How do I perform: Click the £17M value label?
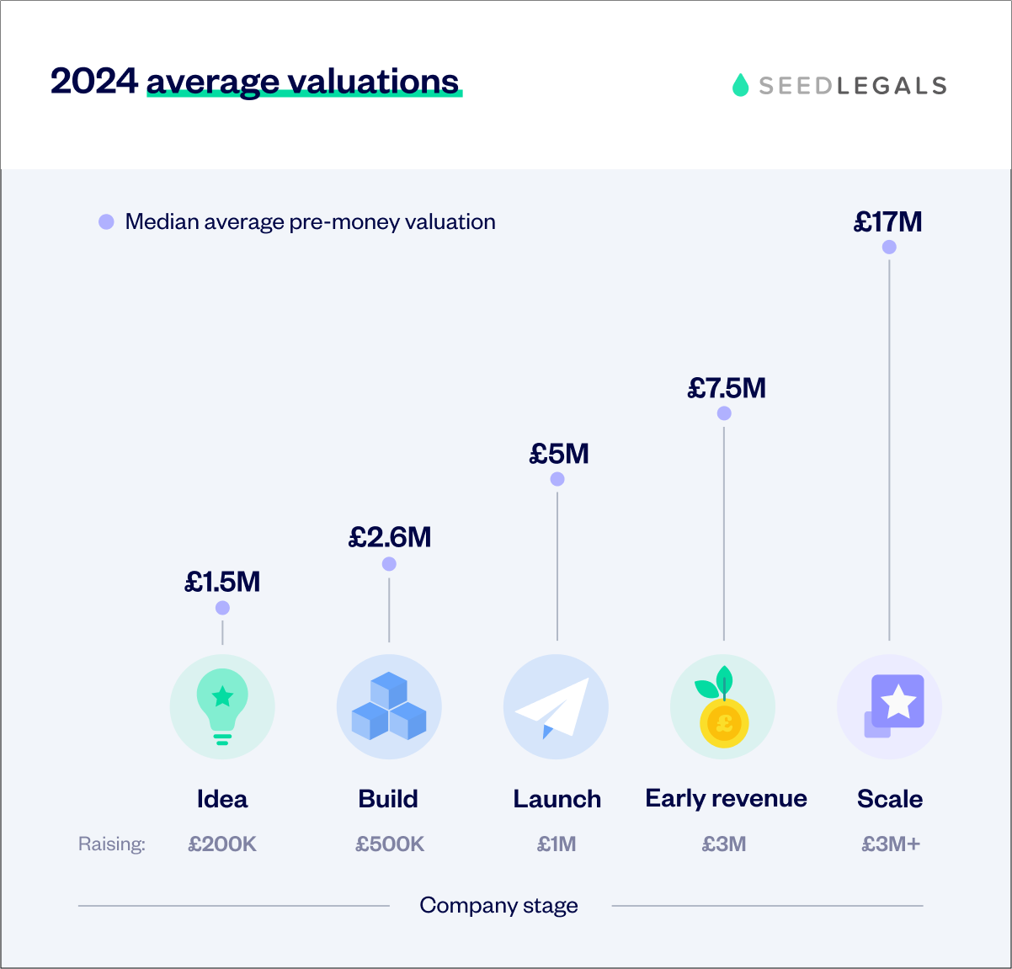(x=888, y=222)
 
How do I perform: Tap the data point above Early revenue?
(x=724, y=413)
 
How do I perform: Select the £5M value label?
(x=558, y=455)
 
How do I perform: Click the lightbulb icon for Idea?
(x=222, y=706)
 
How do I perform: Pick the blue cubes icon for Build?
(x=389, y=706)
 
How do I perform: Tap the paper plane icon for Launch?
(x=556, y=706)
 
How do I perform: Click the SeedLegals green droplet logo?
(x=740, y=85)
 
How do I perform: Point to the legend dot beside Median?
(x=106, y=222)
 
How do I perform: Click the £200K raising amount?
(x=222, y=844)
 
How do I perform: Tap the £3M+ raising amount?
(x=891, y=844)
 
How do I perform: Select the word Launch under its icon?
(x=557, y=799)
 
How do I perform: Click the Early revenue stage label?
(x=726, y=799)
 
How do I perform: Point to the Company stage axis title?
(x=498, y=906)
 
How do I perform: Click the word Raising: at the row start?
(x=112, y=844)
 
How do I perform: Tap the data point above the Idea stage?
(x=222, y=608)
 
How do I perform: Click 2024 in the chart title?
(x=93, y=82)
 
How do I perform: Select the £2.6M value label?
(x=390, y=537)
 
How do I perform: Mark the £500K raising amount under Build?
(x=390, y=844)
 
